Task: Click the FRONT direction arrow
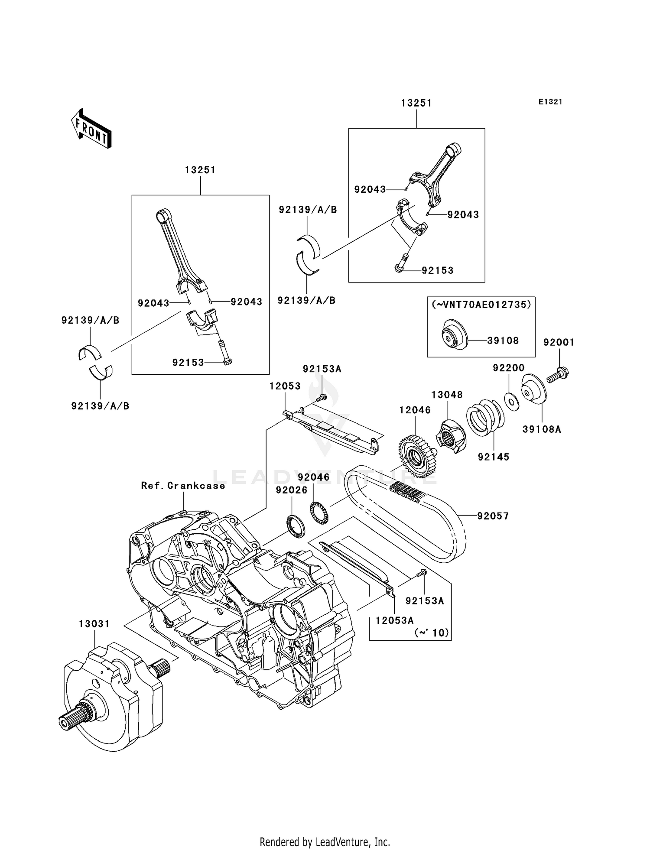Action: (x=91, y=129)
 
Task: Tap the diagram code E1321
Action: (x=550, y=102)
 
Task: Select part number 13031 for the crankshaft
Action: (x=94, y=624)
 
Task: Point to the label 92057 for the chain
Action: (x=493, y=516)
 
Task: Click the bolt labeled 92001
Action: (x=557, y=375)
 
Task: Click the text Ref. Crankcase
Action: (x=183, y=486)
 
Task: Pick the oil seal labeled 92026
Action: (x=295, y=526)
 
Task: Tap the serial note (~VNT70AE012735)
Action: (x=481, y=305)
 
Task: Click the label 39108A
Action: (x=541, y=429)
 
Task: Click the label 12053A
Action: (x=394, y=620)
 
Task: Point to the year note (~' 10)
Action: (x=432, y=633)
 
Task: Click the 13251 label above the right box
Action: (x=416, y=103)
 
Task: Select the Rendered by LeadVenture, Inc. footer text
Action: (x=325, y=842)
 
